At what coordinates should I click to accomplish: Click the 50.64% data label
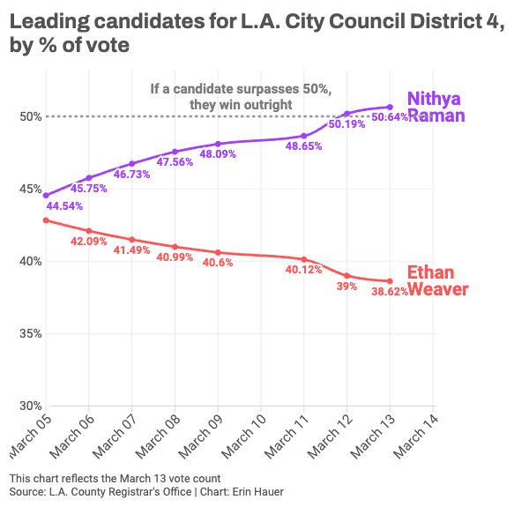click(x=390, y=117)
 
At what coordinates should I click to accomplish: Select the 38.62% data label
click(x=390, y=292)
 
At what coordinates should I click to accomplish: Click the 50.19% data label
click(x=346, y=124)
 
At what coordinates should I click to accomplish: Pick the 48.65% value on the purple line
click(x=303, y=147)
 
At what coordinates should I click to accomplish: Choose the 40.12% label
click(x=303, y=270)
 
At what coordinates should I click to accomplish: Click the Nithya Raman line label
click(x=436, y=107)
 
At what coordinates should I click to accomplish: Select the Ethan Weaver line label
click(x=436, y=280)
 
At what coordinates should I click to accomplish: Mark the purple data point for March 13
click(x=390, y=107)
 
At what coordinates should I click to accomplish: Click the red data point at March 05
click(x=46, y=220)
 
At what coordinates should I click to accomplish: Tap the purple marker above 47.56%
click(x=175, y=152)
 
